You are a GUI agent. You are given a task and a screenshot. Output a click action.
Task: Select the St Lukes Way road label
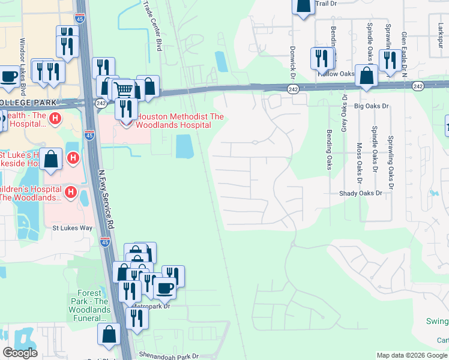point(72,228)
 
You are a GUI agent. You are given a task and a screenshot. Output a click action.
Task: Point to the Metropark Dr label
point(151,306)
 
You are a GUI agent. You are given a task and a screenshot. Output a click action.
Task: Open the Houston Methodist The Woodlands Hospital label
point(173,121)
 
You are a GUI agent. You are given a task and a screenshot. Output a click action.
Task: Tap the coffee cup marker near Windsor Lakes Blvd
point(8,77)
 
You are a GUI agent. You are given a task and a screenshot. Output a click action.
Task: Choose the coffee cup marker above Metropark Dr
point(164,287)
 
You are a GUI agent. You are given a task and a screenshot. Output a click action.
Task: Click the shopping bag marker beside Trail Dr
point(304,5)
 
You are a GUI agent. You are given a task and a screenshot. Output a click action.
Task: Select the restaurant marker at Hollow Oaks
point(322,58)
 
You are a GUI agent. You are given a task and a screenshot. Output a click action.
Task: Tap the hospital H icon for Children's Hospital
point(71,193)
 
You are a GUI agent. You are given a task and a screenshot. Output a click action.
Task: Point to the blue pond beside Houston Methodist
point(184,146)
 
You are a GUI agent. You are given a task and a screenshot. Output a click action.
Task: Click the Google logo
point(19,353)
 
